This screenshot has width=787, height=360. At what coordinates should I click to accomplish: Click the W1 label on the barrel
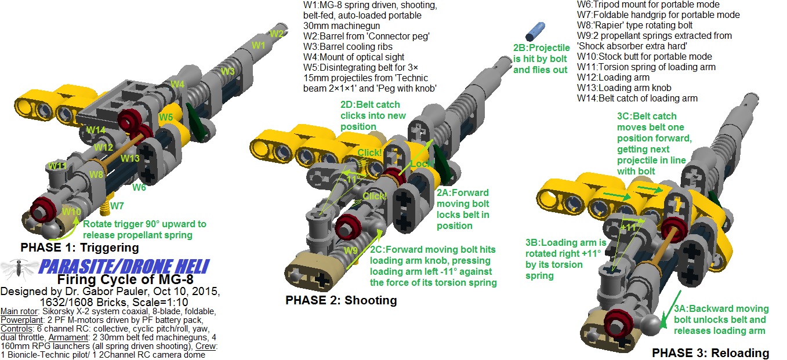258,45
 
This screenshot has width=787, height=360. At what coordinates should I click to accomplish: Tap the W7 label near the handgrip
118,206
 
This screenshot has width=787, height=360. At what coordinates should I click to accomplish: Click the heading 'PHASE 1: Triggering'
79,248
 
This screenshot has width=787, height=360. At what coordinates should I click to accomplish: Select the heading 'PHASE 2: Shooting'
341,300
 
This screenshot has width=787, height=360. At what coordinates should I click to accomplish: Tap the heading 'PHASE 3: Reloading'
710,352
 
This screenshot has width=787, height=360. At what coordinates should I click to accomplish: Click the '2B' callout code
520,49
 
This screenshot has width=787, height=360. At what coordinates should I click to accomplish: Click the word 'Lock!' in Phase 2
421,165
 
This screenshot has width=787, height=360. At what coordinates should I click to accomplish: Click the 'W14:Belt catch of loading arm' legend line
637,99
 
